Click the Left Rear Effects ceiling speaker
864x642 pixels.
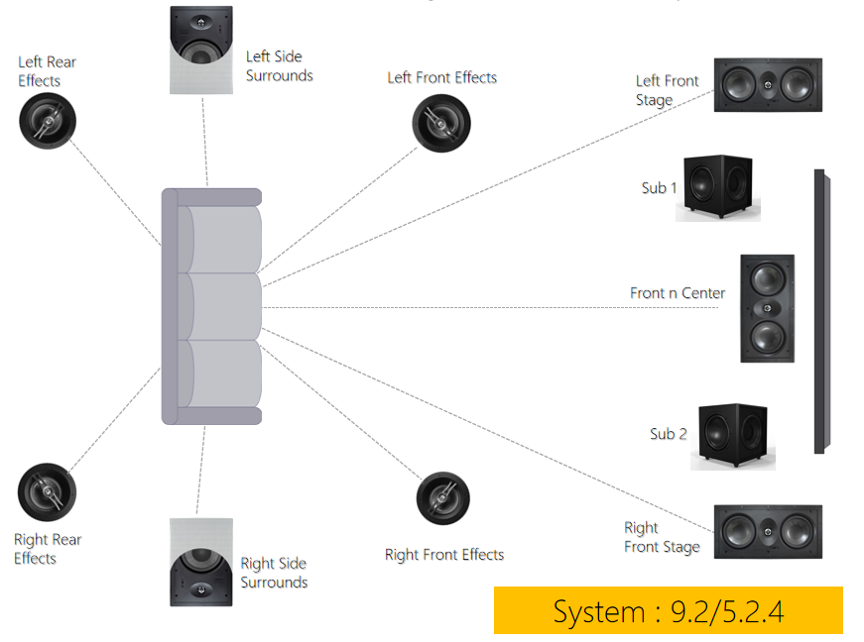(x=47, y=120)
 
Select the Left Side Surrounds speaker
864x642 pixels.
(x=201, y=50)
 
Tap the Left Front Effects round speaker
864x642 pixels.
(x=441, y=123)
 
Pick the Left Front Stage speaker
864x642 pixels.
(x=768, y=85)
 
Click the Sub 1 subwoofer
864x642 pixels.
(x=718, y=186)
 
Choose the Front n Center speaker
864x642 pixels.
(x=767, y=307)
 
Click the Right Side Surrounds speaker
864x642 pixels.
(x=201, y=561)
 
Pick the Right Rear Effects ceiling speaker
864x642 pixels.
(x=47, y=492)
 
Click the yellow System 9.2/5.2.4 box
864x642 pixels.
(x=668, y=610)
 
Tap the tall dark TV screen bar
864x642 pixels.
(x=819, y=311)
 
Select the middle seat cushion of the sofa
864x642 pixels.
(x=224, y=307)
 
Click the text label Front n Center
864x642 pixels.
(x=677, y=293)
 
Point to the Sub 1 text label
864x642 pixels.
(x=659, y=187)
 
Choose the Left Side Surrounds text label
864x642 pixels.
(x=279, y=65)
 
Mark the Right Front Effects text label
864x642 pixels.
(x=443, y=555)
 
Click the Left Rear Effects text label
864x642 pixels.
(x=47, y=71)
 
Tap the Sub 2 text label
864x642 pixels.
(x=668, y=434)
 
